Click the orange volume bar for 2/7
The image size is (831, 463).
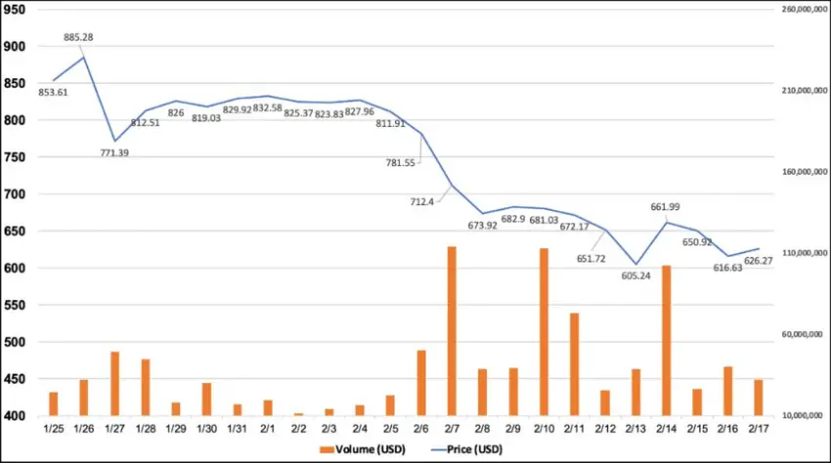[452, 331]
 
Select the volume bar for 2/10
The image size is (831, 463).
[543, 332]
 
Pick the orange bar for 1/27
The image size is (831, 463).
[114, 384]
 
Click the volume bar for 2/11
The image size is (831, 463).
[574, 364]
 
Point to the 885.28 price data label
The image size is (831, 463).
[79, 37]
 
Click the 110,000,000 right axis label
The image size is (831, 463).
[800, 253]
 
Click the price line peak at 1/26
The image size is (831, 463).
[84, 57]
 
